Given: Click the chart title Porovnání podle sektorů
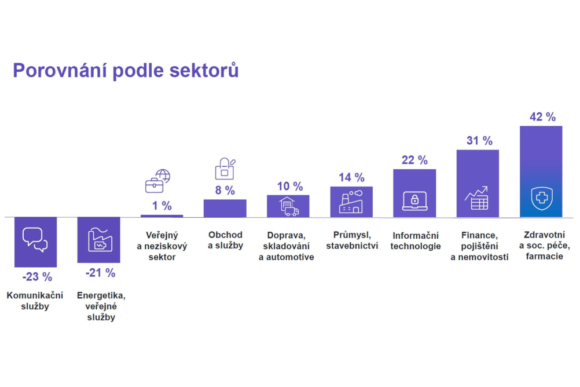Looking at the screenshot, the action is [126, 71].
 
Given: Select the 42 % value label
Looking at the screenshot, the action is [542, 117].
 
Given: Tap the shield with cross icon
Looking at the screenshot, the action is [542, 198].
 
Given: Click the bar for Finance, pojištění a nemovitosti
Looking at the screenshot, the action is [478, 183].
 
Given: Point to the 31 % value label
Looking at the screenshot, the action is [479, 141].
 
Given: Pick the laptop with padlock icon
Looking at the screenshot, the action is [414, 200].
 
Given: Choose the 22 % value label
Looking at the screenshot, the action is [414, 160].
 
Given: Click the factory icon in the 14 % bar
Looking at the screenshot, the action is [351, 202].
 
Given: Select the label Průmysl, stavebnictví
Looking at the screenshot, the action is [352, 240].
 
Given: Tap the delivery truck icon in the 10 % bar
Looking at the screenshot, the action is [289, 207].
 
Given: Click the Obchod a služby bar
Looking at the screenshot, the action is [225, 208].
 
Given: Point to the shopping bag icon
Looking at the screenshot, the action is [225, 169].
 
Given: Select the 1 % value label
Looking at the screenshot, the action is [162, 206].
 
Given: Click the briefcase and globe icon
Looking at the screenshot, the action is [157, 181].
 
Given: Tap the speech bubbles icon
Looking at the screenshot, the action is [35, 240].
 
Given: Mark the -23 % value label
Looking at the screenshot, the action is [37, 277].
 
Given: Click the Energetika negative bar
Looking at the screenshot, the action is [99, 240].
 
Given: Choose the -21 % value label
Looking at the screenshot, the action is [100, 273].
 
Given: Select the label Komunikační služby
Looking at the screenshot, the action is [35, 301].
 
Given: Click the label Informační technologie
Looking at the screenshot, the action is [416, 241].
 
